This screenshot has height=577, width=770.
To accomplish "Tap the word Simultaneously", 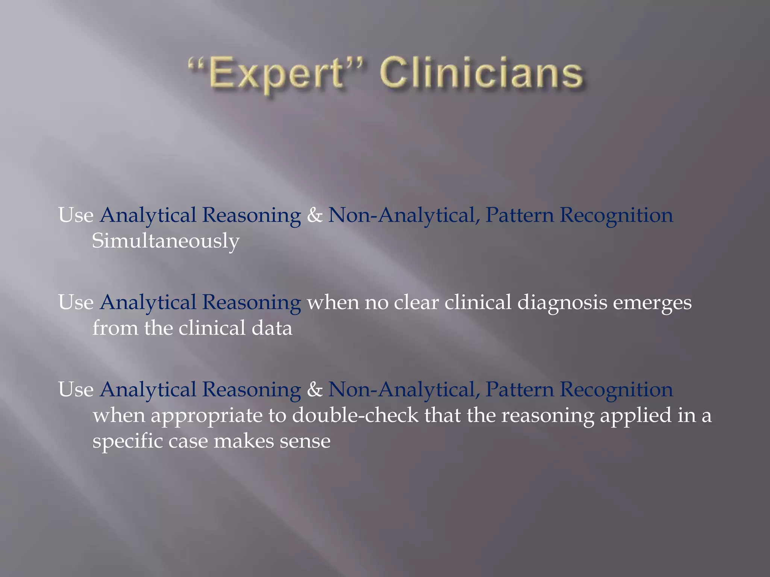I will point(165,241).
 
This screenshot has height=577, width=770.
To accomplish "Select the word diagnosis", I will point(562,303).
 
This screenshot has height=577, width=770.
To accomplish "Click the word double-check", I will point(355,415).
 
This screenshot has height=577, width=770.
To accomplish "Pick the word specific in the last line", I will point(127,441).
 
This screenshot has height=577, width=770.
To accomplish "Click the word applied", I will point(635,416).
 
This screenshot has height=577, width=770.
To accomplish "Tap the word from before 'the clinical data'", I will point(115,328).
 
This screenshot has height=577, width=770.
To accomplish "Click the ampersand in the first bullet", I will point(315,215).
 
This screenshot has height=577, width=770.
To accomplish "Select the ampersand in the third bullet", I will point(315,390).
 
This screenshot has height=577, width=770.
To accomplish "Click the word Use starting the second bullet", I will point(76,302).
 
